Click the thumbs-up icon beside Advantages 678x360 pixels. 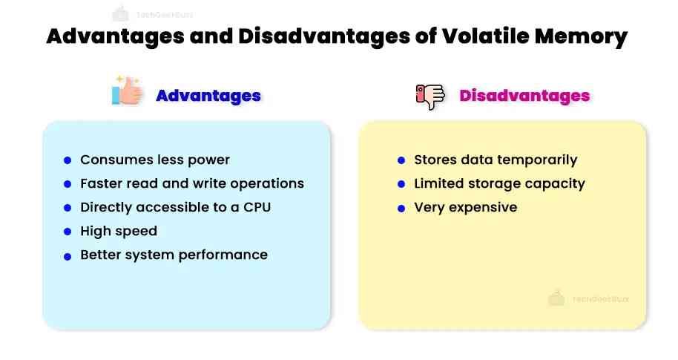(127, 91)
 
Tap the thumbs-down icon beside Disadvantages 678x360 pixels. (429, 96)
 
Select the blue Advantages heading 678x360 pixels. (208, 96)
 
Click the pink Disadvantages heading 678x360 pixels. (524, 96)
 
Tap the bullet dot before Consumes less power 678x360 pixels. (68, 160)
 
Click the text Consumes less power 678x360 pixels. (155, 160)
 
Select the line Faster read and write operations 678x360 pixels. (192, 183)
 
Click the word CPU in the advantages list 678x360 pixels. (257, 207)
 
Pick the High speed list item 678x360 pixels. (119, 231)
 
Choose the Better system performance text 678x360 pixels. (174, 255)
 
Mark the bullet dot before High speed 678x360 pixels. (68, 232)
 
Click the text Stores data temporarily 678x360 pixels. (495, 160)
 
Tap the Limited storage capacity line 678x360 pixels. (499, 183)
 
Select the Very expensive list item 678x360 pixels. (465, 207)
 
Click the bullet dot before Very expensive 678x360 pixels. (401, 208)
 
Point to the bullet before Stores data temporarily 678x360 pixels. (401, 160)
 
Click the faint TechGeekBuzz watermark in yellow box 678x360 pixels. (589, 298)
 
